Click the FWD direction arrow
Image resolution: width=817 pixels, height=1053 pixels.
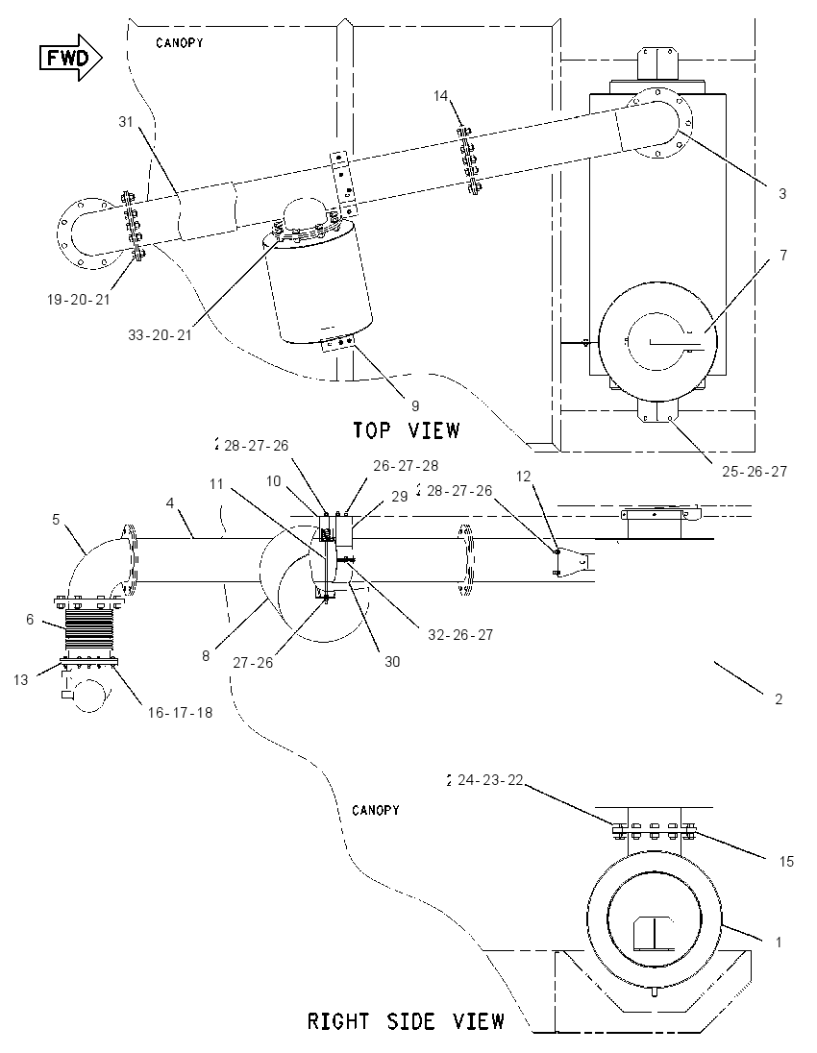pos(70,58)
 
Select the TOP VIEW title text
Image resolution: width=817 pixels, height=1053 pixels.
pos(407,429)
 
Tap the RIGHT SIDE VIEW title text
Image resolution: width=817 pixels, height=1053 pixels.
pos(406,1021)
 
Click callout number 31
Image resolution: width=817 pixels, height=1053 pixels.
pos(126,122)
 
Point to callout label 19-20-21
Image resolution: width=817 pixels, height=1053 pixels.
pos(78,300)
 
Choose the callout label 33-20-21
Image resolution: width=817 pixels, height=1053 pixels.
pos(160,334)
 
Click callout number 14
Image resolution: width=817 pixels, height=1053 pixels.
pos(441,96)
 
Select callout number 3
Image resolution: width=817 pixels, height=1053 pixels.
pos(782,194)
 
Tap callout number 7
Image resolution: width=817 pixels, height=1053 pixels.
pos(783,256)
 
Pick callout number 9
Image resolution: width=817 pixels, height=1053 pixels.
pos(415,405)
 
